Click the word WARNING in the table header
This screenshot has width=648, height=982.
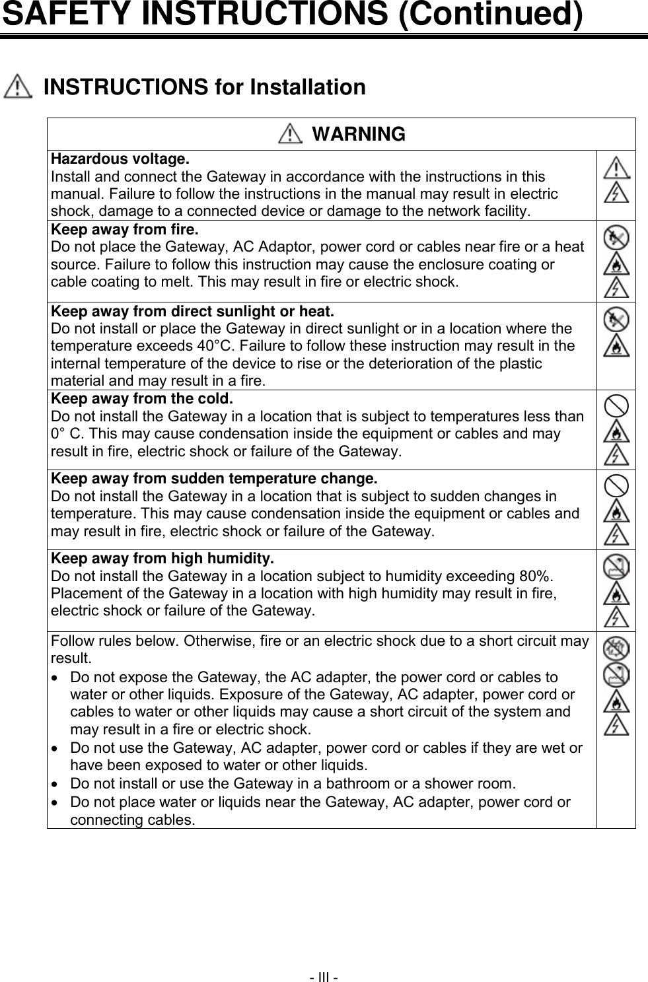point(358,134)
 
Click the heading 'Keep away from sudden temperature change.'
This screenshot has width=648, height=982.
point(215,478)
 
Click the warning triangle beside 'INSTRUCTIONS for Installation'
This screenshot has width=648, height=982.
point(18,88)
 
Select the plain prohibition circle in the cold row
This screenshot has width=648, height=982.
point(616,403)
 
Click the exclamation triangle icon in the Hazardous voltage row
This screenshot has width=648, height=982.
point(616,166)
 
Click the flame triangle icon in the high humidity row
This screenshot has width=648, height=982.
point(616,592)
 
